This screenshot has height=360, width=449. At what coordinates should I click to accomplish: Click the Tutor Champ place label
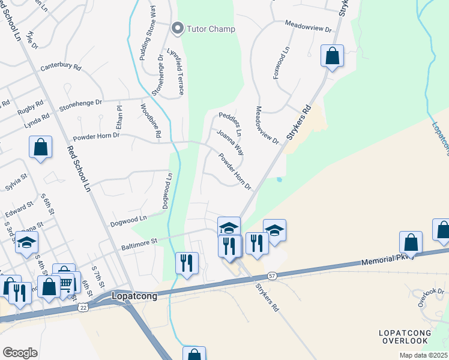pos(210,28)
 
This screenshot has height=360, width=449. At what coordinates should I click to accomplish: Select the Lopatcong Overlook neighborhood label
pos(404,337)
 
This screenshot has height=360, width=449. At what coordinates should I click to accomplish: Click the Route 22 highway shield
pos(83,307)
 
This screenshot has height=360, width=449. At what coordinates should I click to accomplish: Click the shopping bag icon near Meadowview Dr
pos(332,56)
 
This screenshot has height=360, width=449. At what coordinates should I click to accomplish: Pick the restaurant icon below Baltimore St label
pos(187,263)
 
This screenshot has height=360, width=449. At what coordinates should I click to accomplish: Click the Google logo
pos(20,353)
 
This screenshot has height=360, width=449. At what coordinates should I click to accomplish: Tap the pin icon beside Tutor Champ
pos(176,28)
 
